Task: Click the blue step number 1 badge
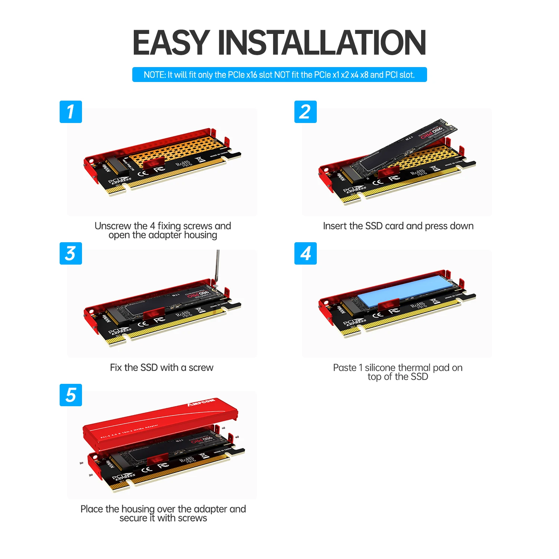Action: click(x=70, y=112)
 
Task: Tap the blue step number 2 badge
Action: click(x=305, y=112)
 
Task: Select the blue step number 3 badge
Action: click(x=70, y=253)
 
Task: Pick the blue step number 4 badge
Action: click(x=305, y=253)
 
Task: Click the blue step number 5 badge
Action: click(x=70, y=395)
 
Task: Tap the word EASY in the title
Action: click(x=171, y=43)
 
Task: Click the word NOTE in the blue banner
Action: click(x=154, y=75)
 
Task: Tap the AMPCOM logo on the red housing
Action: click(x=201, y=402)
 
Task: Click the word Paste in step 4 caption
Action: click(x=344, y=368)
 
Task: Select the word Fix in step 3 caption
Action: click(x=116, y=368)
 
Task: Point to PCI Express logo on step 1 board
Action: click(x=119, y=181)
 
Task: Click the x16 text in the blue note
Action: click(x=252, y=75)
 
